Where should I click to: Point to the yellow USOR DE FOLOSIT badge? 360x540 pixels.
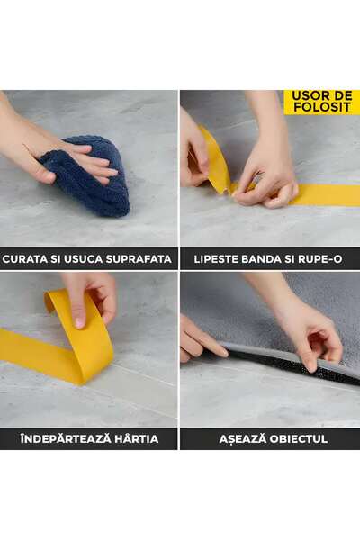click(x=321, y=102)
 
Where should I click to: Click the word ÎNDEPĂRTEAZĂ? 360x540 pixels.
click(x=61, y=439)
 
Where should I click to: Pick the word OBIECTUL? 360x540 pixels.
click(x=298, y=439)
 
